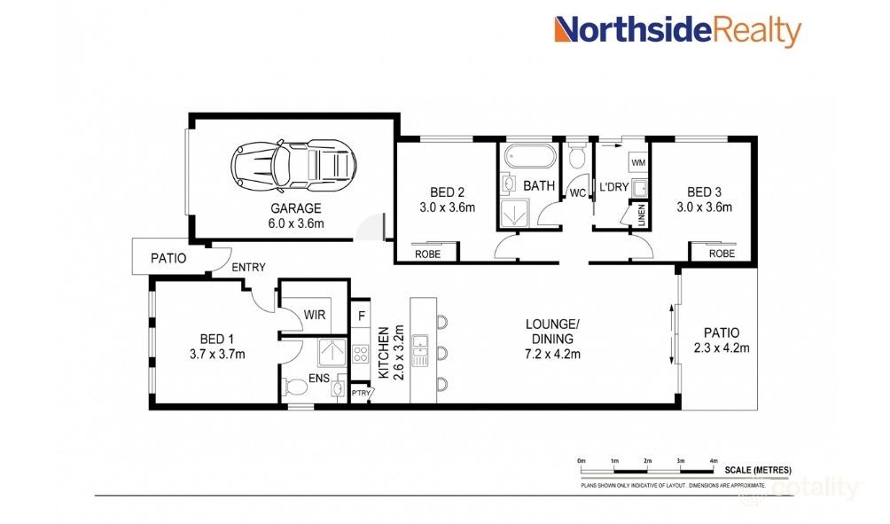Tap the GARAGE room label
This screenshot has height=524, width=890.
click(297, 209)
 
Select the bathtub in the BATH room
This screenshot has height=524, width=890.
click(529, 160)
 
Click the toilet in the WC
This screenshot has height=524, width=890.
click(577, 159)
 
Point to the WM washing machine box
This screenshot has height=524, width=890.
click(637, 163)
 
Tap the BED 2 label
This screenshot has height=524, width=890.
click(448, 192)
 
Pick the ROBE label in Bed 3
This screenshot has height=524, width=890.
click(722, 253)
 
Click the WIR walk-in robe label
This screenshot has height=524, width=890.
click(314, 315)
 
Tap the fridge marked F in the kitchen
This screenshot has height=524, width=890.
click(361, 315)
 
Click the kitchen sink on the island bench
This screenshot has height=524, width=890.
click(421, 341)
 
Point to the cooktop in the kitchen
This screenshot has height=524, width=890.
click(361, 353)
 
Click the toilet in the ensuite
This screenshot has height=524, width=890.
click(293, 388)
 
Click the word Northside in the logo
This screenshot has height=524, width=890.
click(633, 31)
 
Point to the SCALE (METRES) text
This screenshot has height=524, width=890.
click(758, 470)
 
